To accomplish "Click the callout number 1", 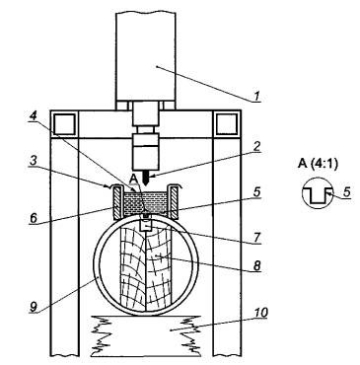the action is (x=257, y=97).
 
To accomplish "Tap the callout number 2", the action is (x=256, y=147).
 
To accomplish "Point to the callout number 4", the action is (x=33, y=115).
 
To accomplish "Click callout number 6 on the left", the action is (x=34, y=218).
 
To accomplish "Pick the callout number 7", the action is (x=257, y=237).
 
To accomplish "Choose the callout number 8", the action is (x=256, y=265).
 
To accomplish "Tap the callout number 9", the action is (x=34, y=307).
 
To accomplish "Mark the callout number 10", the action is (x=261, y=313).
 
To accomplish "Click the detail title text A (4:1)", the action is (x=318, y=164).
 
